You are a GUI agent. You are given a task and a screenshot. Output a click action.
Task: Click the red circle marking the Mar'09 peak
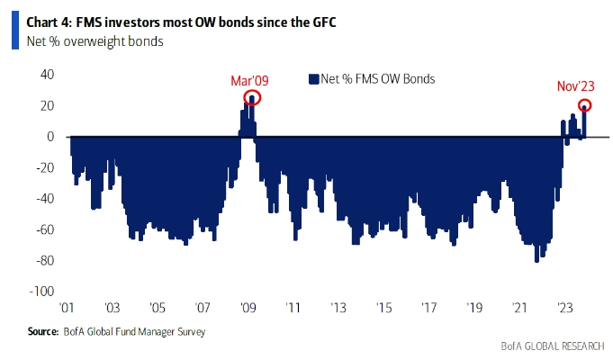[x=252, y=98]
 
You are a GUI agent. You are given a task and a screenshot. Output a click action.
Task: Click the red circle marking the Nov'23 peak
[x=584, y=105]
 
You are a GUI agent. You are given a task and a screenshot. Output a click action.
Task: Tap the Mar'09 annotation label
[x=250, y=81]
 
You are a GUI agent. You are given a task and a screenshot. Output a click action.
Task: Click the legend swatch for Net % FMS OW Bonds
[x=314, y=79]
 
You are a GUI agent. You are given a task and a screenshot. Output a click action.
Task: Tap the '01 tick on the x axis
[x=68, y=307]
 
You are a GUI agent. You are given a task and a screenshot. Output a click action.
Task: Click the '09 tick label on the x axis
[x=248, y=307]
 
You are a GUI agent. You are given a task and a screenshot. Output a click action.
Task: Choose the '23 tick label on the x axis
[x=564, y=307]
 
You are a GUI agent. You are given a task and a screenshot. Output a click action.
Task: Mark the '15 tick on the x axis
[x=383, y=307]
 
